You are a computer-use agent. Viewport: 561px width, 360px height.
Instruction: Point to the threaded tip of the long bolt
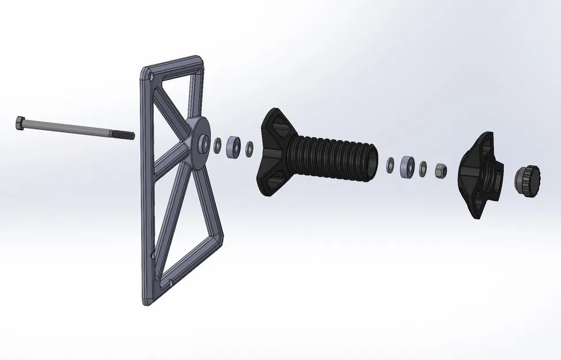click(126, 135)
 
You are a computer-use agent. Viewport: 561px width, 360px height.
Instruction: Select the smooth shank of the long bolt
click(69, 128)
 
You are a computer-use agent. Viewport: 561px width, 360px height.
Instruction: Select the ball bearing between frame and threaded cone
click(233, 147)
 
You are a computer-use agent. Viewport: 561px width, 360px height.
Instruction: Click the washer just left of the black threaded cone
click(249, 148)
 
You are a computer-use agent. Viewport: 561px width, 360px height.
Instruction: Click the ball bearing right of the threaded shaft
click(407, 166)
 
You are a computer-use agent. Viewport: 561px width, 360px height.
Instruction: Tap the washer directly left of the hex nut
click(423, 168)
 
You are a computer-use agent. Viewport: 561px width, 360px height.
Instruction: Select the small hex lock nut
click(439, 170)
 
